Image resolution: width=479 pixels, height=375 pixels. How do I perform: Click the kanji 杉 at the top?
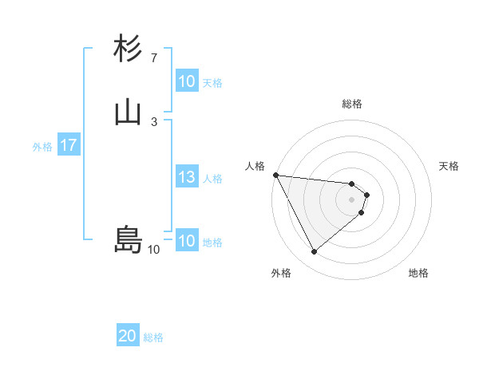[x=128, y=49]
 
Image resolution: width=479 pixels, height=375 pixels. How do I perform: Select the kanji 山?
[x=128, y=113]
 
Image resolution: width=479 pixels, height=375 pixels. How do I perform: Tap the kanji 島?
[x=128, y=239]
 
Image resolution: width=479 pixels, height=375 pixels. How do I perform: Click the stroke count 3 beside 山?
[x=153, y=121]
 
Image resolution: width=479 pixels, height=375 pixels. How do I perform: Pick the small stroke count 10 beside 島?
[x=153, y=250]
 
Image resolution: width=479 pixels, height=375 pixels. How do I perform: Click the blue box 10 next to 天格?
[x=186, y=81]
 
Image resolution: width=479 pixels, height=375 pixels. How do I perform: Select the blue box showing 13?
[x=186, y=178]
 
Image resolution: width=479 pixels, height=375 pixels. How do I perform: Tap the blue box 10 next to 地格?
[x=186, y=241]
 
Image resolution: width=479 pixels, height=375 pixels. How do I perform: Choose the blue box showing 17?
[x=68, y=146]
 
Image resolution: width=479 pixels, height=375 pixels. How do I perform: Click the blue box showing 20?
[x=128, y=337]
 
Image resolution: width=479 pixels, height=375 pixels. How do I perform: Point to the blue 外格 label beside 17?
[x=42, y=147]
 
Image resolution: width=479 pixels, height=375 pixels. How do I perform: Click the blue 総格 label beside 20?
[x=153, y=337]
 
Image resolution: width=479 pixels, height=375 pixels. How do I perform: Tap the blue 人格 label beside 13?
[x=212, y=179]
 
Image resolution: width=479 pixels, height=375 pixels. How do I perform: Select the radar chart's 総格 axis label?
[x=352, y=104]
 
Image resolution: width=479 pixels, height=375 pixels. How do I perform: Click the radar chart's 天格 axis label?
[x=449, y=166]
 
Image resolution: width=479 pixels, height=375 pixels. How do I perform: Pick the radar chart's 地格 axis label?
[x=418, y=274]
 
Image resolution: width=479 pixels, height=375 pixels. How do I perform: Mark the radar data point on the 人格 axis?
[x=275, y=175]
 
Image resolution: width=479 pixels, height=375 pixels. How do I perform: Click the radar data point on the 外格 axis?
[x=314, y=252]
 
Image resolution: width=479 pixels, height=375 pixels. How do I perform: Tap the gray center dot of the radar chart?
[x=352, y=199]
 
